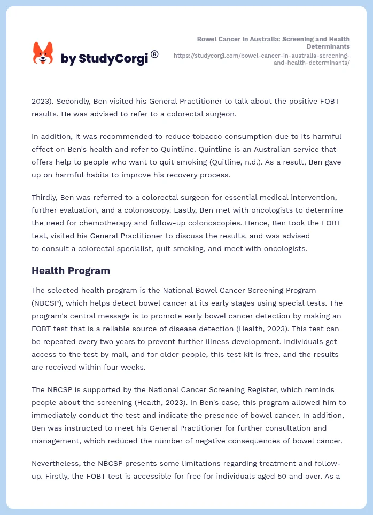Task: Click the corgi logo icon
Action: pyautogui.click(x=43, y=53)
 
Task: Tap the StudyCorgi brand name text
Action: pyautogui.click(x=104, y=59)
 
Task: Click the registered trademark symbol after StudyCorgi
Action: pyautogui.click(x=154, y=54)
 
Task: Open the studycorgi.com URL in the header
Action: pyautogui.click(x=262, y=59)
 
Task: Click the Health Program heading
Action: pyautogui.click(x=71, y=270)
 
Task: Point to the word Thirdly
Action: pyautogui.click(x=46, y=197)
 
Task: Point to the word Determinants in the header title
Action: pyautogui.click(x=330, y=46)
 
